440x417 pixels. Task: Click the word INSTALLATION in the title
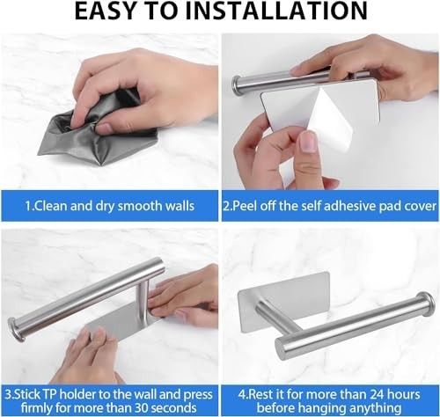click(x=281, y=11)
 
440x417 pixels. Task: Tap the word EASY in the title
click(x=104, y=11)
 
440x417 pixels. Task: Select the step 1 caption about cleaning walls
click(x=109, y=206)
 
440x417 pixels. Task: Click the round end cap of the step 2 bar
click(x=235, y=85)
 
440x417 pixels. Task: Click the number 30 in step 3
click(x=143, y=408)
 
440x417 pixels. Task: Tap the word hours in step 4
click(x=404, y=394)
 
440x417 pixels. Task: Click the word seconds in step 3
click(x=174, y=408)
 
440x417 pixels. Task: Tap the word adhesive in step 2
click(x=349, y=206)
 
